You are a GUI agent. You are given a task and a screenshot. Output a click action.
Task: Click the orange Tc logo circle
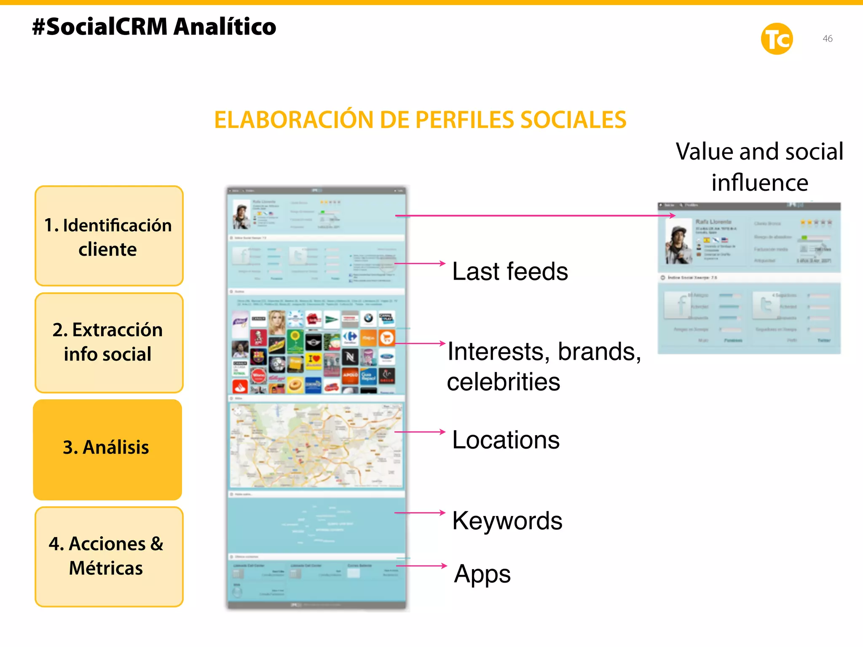(x=777, y=39)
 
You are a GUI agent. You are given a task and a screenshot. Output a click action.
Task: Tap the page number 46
(x=827, y=39)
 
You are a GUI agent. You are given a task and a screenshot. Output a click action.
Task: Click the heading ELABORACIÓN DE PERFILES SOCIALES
(x=420, y=120)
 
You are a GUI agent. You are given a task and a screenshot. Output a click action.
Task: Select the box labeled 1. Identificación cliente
(x=109, y=236)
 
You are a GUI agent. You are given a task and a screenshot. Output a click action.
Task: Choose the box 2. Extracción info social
(x=109, y=342)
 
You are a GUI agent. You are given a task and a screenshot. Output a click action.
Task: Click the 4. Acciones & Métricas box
(x=109, y=556)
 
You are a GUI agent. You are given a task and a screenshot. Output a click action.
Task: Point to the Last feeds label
(x=510, y=271)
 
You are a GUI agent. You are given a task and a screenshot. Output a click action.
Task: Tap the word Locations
(x=506, y=440)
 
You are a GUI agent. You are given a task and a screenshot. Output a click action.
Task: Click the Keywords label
(x=507, y=521)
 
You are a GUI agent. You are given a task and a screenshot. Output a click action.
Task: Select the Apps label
(x=482, y=574)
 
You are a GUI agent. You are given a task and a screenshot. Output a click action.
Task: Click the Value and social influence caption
(x=759, y=167)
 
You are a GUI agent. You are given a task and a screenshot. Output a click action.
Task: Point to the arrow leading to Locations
(x=420, y=432)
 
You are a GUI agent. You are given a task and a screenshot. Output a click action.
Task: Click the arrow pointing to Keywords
(x=420, y=513)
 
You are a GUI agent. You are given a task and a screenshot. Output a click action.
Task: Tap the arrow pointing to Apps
(x=421, y=566)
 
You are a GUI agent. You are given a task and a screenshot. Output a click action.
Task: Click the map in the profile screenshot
(x=316, y=445)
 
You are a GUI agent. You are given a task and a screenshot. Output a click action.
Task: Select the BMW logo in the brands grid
(x=368, y=318)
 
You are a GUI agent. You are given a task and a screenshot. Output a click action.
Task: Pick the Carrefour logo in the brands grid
(x=350, y=337)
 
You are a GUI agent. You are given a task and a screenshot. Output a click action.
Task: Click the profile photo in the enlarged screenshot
(x=679, y=241)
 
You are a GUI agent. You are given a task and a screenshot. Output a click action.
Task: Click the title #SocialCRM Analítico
(x=154, y=27)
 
